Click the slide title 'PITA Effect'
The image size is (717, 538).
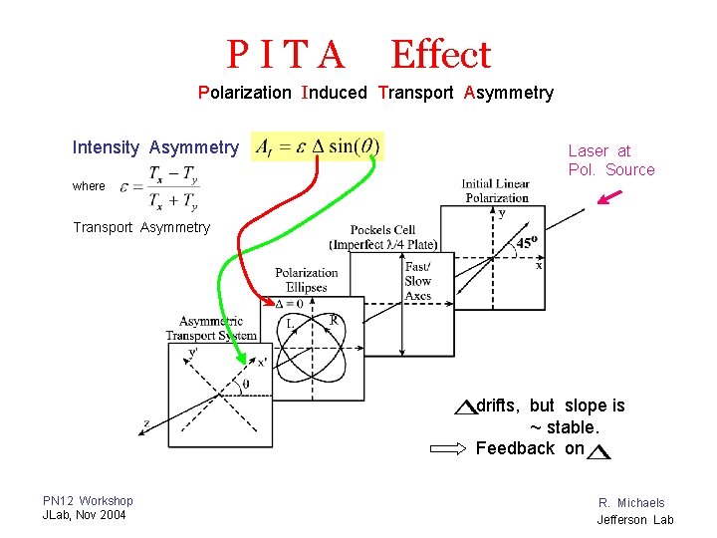(x=358, y=55)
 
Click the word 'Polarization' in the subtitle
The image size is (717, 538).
(x=245, y=93)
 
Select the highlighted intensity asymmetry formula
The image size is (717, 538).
(x=318, y=147)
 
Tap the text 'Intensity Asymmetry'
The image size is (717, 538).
(x=155, y=147)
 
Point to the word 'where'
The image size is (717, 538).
(x=89, y=186)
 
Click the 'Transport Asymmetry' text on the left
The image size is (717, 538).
(x=141, y=227)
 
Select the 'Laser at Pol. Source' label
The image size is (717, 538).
(x=610, y=160)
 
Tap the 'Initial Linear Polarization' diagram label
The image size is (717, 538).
(x=495, y=190)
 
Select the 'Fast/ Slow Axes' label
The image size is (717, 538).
(x=417, y=281)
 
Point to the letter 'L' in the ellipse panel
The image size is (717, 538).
(x=290, y=323)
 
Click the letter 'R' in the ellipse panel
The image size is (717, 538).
(x=335, y=320)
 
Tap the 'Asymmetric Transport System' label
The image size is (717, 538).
(x=211, y=328)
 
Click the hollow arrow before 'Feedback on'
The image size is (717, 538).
(x=447, y=449)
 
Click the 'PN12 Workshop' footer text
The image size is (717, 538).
(x=88, y=500)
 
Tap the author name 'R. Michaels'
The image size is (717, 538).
(x=631, y=503)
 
